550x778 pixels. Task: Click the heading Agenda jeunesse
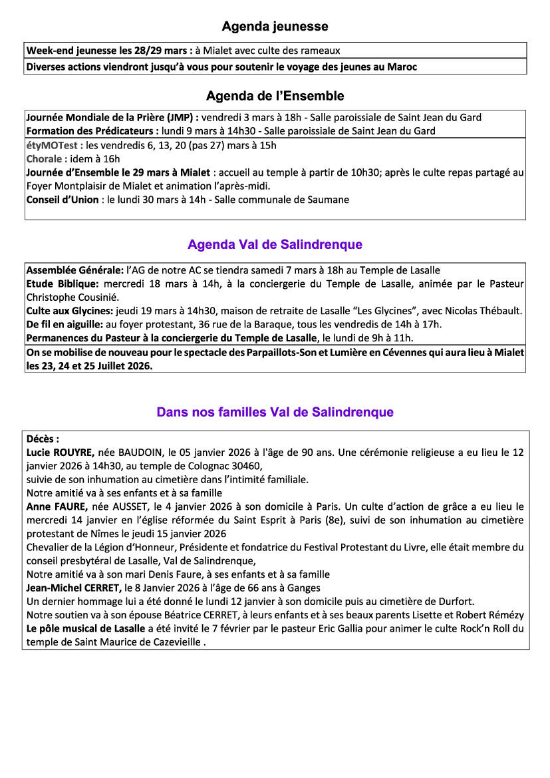tap(275, 27)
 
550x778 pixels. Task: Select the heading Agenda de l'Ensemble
tap(275, 96)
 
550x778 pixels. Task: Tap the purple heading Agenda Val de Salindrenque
tap(275, 245)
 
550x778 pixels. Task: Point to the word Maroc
tap(402, 67)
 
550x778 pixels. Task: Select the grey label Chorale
tap(46, 159)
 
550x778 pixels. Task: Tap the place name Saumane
tap(327, 200)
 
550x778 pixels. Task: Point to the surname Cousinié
tap(97, 297)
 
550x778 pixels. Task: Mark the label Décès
tap(42, 439)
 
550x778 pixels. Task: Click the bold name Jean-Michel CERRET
tap(74, 588)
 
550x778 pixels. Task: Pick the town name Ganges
tap(303, 588)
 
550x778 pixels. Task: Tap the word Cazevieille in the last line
tap(176, 642)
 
